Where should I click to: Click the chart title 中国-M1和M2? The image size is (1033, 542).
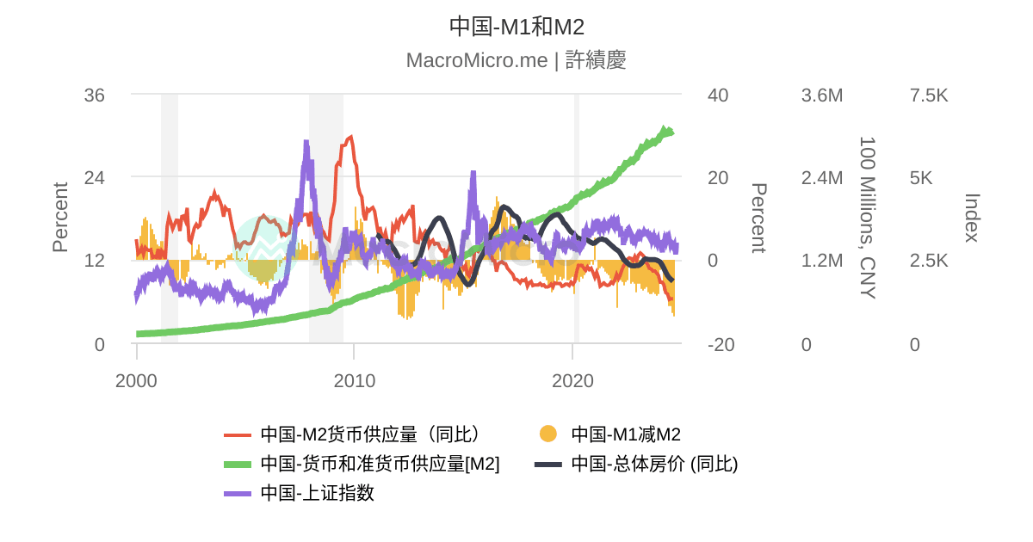coord(516,27)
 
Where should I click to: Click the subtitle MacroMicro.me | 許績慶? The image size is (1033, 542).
coord(516,60)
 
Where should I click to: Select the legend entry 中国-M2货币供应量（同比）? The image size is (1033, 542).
coord(370,434)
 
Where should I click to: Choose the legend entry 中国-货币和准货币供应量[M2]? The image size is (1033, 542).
coord(380,464)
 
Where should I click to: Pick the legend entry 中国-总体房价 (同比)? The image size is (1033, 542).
coord(654,464)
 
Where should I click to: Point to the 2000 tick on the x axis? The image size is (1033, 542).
coord(137,380)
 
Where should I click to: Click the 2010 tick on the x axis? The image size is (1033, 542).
coord(355,380)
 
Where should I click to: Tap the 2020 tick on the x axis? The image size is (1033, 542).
coord(572,380)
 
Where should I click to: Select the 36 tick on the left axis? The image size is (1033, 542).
coord(94,95)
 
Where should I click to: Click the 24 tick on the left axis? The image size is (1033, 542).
coord(94,178)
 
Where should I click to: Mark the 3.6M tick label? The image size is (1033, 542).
coord(822,95)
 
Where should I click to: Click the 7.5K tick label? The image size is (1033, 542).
coord(929,95)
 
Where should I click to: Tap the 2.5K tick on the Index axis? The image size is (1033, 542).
coord(929,262)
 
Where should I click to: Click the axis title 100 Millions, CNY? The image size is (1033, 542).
coord(867,217)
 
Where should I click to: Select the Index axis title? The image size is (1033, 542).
coord(971,217)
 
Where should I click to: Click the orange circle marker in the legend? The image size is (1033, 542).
coord(548,434)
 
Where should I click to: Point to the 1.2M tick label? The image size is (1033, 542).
coord(822,262)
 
